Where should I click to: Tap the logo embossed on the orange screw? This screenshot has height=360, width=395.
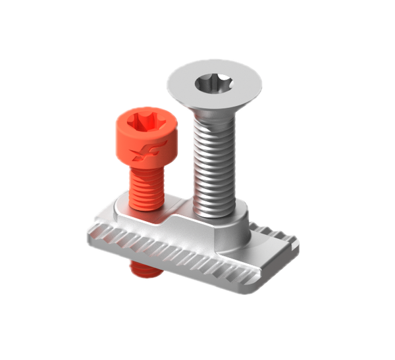pos(140,154)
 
